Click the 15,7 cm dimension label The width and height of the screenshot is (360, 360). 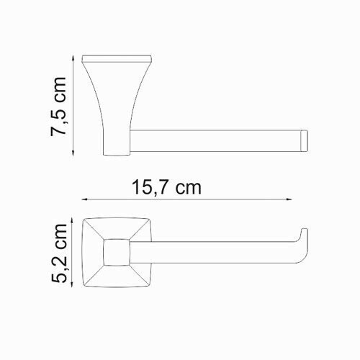166,188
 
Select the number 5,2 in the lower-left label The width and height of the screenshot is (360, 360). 61,264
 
